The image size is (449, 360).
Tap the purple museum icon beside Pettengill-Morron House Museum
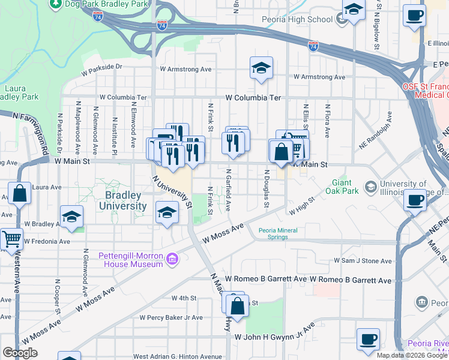point(172,259)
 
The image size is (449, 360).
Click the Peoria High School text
point(297,19)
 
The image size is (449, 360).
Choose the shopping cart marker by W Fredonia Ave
point(11,239)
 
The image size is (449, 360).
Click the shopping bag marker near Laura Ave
point(19,194)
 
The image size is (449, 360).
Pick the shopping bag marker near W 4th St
point(238,305)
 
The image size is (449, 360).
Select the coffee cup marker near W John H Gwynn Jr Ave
point(367,340)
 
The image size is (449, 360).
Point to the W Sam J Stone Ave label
point(363,261)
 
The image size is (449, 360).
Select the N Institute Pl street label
point(115,133)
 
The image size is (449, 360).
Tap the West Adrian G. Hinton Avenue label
point(178,356)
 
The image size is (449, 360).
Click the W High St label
point(301,207)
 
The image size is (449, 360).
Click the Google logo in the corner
point(20,353)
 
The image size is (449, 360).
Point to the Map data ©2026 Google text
point(411,355)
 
